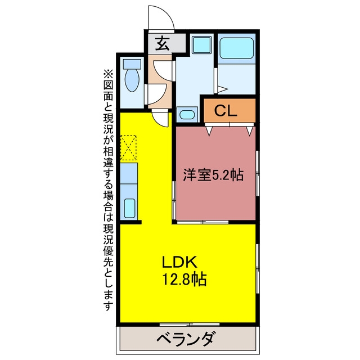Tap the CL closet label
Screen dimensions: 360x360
(226, 110)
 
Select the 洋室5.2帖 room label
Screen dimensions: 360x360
(213, 175)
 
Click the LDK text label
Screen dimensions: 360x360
(179, 262)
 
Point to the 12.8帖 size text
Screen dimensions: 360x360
(184, 279)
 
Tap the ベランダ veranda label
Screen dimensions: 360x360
(186, 339)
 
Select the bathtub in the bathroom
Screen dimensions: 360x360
(237, 48)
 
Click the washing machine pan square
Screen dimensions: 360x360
(202, 44)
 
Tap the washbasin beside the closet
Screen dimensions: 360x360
(187, 114)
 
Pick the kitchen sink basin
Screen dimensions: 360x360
(129, 208)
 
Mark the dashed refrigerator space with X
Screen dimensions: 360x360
(128, 148)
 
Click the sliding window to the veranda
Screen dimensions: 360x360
(190, 324)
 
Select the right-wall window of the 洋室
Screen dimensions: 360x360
(258, 174)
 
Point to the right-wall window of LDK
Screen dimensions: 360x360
(258, 268)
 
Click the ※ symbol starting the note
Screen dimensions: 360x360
(108, 75)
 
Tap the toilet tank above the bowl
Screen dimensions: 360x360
(132, 64)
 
